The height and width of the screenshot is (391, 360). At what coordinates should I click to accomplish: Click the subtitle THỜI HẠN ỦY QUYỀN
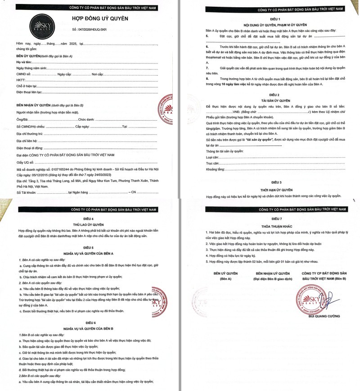click(274, 190)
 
